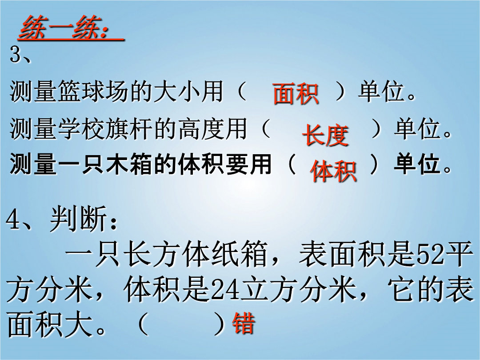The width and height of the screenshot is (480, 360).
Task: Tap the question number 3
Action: click(15, 55)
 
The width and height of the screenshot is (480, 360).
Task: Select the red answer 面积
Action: click(296, 94)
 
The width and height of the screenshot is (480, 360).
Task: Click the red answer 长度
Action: click(325, 135)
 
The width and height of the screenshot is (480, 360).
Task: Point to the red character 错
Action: click(244, 323)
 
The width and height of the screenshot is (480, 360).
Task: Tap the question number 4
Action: click(12, 220)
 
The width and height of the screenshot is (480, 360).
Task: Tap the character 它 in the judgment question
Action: click(401, 289)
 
